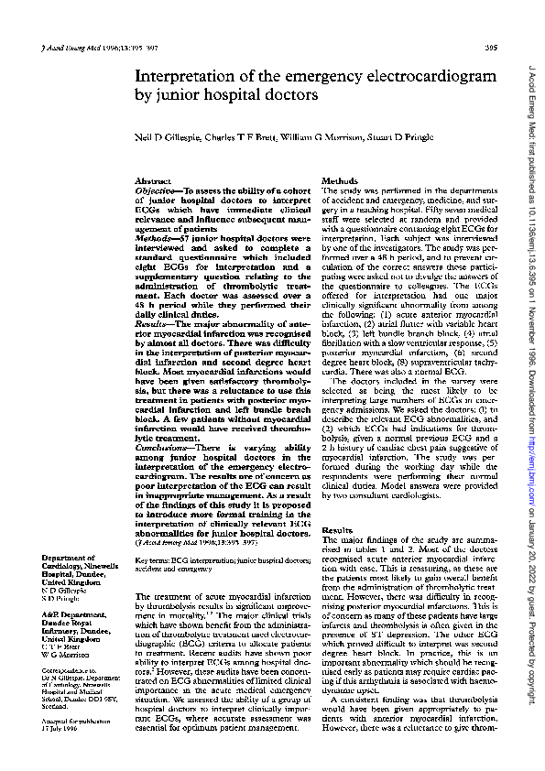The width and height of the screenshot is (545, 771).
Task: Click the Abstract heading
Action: click(x=152, y=182)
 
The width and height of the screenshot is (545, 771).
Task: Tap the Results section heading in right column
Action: click(x=337, y=531)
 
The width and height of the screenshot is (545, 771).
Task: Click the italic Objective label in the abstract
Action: click(x=156, y=191)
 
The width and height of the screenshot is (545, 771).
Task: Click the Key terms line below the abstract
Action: click(x=221, y=536)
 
